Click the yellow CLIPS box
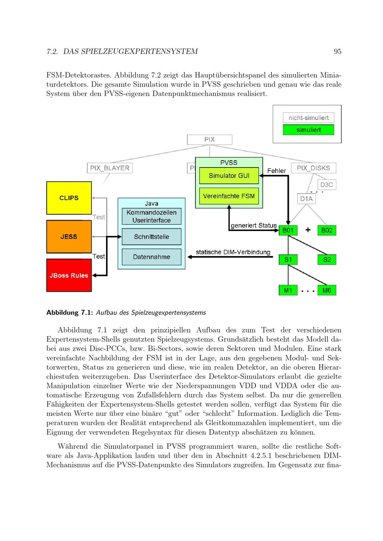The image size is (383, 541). (69, 198)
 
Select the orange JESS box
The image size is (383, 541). (69, 236)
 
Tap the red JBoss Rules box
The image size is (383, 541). (69, 275)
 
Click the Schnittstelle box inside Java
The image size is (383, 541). (151, 237)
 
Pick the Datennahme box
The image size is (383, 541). (151, 257)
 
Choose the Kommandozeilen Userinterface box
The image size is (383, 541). (151, 216)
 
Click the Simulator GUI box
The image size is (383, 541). (229, 176)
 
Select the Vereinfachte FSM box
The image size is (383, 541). (229, 196)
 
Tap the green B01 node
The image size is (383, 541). (288, 230)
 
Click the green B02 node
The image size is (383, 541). (327, 230)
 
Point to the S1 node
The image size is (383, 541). (288, 260)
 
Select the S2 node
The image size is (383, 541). (327, 260)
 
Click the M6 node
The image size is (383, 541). (327, 290)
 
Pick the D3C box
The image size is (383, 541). (326, 185)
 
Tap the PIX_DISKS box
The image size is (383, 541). (313, 168)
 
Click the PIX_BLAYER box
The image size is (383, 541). (110, 168)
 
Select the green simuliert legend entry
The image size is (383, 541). (308, 130)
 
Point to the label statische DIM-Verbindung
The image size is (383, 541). (233, 252)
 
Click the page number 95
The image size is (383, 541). (337, 51)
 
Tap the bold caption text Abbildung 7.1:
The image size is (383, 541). (69, 313)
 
